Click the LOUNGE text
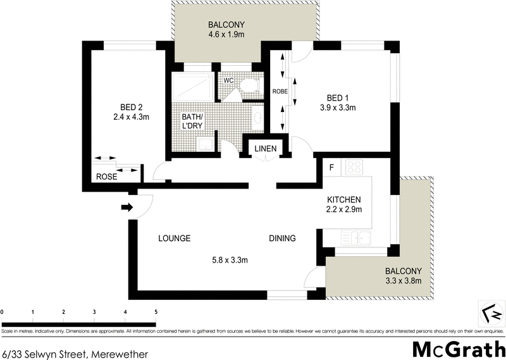click(x=175, y=239)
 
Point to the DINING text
click(x=282, y=239)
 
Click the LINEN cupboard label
click(x=265, y=149)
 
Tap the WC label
click(x=228, y=80)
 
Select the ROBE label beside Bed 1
click(x=280, y=91)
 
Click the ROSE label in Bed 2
click(x=106, y=177)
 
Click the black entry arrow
click(x=126, y=207)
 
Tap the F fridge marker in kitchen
click(x=331, y=168)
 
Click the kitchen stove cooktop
click(x=354, y=168)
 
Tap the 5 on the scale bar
click(x=156, y=312)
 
